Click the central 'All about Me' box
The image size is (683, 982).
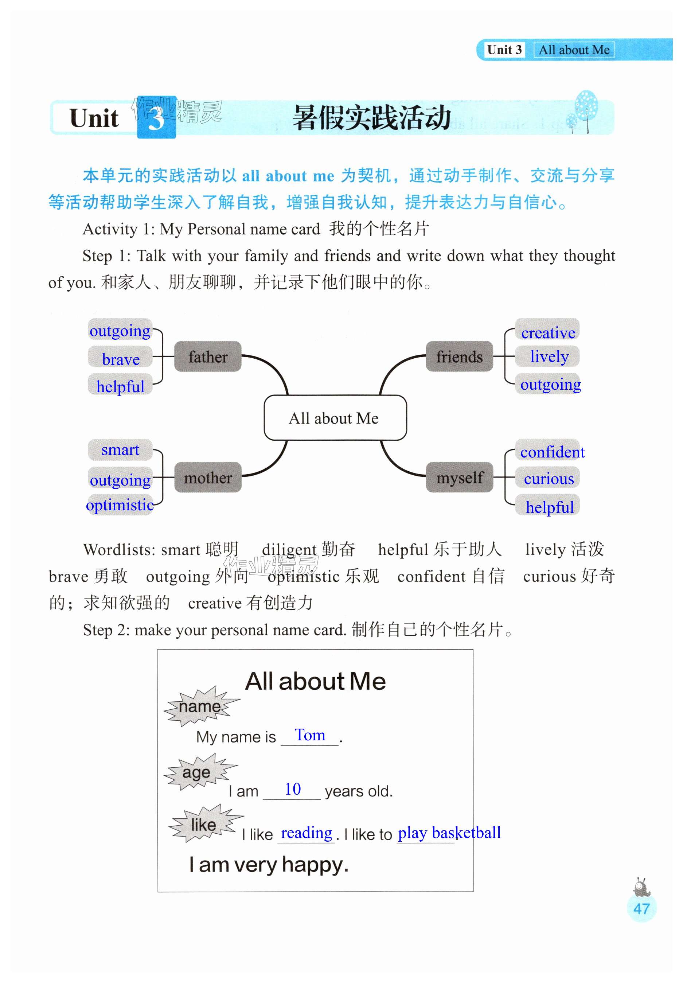click(x=335, y=418)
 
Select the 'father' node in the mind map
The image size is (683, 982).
click(x=207, y=356)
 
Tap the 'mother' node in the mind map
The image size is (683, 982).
click(x=207, y=477)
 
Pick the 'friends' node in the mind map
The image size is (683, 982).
click(x=459, y=356)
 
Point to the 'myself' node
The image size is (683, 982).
click(x=459, y=477)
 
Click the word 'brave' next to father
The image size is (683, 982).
click(x=121, y=359)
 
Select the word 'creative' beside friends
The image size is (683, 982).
click(x=548, y=332)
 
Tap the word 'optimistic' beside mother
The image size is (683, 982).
click(x=120, y=505)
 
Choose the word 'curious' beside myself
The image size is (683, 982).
click(x=549, y=479)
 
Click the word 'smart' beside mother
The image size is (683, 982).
click(x=120, y=449)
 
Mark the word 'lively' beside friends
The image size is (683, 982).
click(x=549, y=356)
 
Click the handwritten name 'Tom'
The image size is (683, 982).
click(x=310, y=735)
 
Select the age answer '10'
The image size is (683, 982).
click(x=293, y=789)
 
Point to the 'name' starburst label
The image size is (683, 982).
click(x=200, y=706)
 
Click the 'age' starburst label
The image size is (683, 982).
click(x=196, y=772)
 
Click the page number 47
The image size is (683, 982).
click(x=641, y=908)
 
